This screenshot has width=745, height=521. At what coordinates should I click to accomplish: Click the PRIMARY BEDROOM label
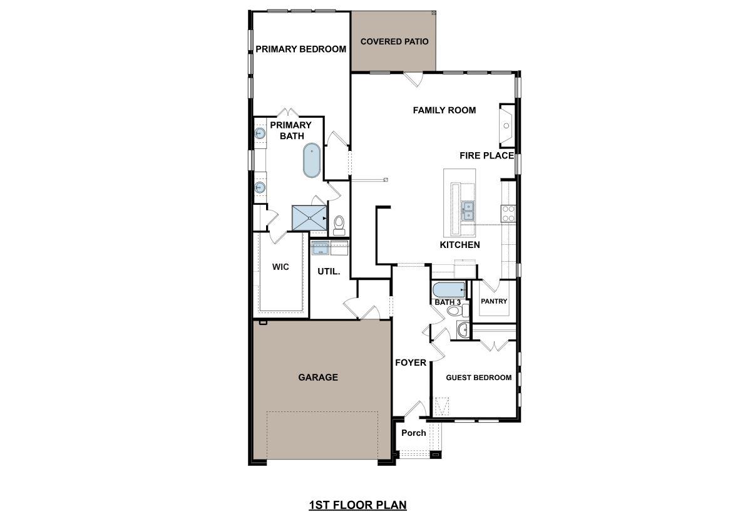[x=301, y=49]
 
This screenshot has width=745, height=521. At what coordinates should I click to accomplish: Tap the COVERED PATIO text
[x=394, y=41]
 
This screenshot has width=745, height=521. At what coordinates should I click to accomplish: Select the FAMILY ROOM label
[x=444, y=110]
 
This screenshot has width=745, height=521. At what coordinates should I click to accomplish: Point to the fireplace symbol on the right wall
[x=506, y=126]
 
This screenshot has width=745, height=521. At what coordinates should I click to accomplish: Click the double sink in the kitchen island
[x=468, y=210]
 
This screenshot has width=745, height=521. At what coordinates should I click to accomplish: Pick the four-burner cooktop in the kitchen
[x=508, y=213]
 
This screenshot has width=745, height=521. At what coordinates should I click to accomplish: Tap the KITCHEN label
[x=460, y=245]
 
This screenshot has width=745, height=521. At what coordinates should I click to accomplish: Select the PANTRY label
[x=493, y=301]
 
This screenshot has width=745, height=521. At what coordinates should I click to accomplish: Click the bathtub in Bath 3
[x=448, y=290]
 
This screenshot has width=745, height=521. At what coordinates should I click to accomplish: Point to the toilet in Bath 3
[x=454, y=310]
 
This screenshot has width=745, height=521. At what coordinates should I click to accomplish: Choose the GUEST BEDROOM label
[x=478, y=378]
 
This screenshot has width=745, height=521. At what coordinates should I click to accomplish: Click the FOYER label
[x=410, y=363]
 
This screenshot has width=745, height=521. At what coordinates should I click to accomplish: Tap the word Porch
[x=413, y=433]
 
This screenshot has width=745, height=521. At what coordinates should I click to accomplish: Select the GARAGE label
[x=317, y=377]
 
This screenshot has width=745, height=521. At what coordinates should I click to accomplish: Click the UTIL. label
[x=329, y=271]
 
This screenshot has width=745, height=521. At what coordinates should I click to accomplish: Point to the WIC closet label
[x=280, y=267]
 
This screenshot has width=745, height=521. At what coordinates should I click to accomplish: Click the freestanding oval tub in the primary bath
[x=311, y=161]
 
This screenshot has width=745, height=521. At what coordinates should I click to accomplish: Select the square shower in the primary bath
[x=311, y=217]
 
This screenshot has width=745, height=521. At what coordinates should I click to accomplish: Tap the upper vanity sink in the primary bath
[x=260, y=133]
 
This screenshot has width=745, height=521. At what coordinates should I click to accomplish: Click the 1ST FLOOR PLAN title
[x=357, y=505]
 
